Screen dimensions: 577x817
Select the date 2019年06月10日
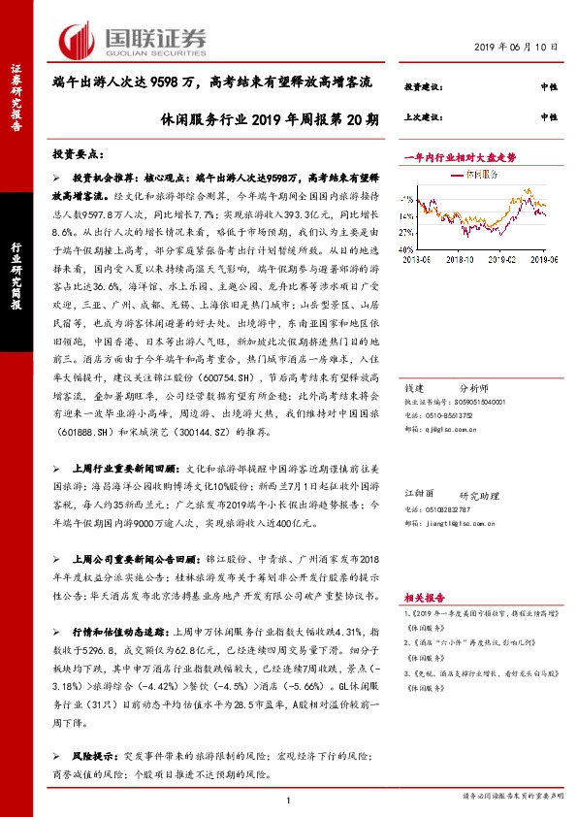(518, 47)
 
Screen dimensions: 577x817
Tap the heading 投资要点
(77, 155)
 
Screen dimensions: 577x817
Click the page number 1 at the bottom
(289, 799)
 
